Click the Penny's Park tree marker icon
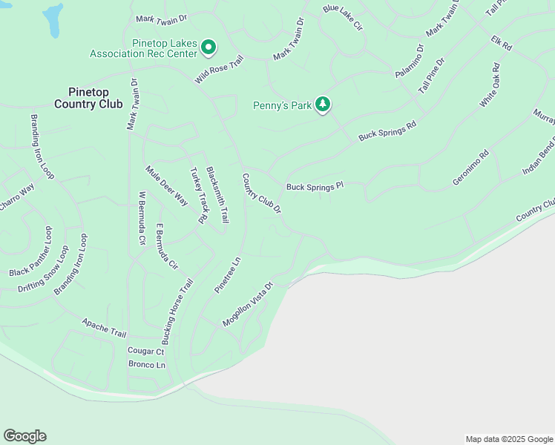[322, 105]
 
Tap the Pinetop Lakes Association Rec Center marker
[208, 48]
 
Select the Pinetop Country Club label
[88, 98]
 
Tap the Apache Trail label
[104, 329]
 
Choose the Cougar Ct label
[145, 351]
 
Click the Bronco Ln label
[146, 365]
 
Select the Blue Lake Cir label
[342, 18]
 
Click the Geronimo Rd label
[470, 169]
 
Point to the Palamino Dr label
[409, 62]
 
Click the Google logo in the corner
[24, 436]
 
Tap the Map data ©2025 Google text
[508, 439]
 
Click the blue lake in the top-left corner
[53, 20]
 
